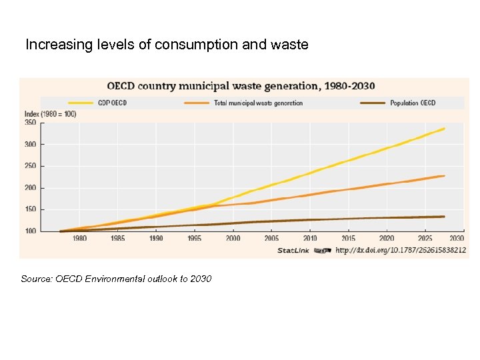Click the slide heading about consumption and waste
click(x=167, y=45)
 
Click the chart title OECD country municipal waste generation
click(x=241, y=86)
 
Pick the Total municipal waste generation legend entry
click(x=257, y=103)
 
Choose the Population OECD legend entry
click(x=413, y=103)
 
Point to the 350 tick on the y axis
click(x=30, y=123)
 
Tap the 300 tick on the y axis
click(x=30, y=144)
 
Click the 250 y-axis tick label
click(x=30, y=166)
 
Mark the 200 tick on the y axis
click(x=30, y=188)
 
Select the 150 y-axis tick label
click(x=30, y=209)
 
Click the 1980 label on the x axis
click(x=79, y=238)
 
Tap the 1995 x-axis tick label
click(x=195, y=238)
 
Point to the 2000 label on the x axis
click(x=233, y=238)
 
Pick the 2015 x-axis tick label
click(x=349, y=238)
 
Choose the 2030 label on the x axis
click(x=457, y=238)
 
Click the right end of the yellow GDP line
click(x=444, y=129)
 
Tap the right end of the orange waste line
click(x=444, y=176)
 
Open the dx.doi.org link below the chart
click(x=400, y=250)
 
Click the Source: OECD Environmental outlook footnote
click(x=116, y=279)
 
